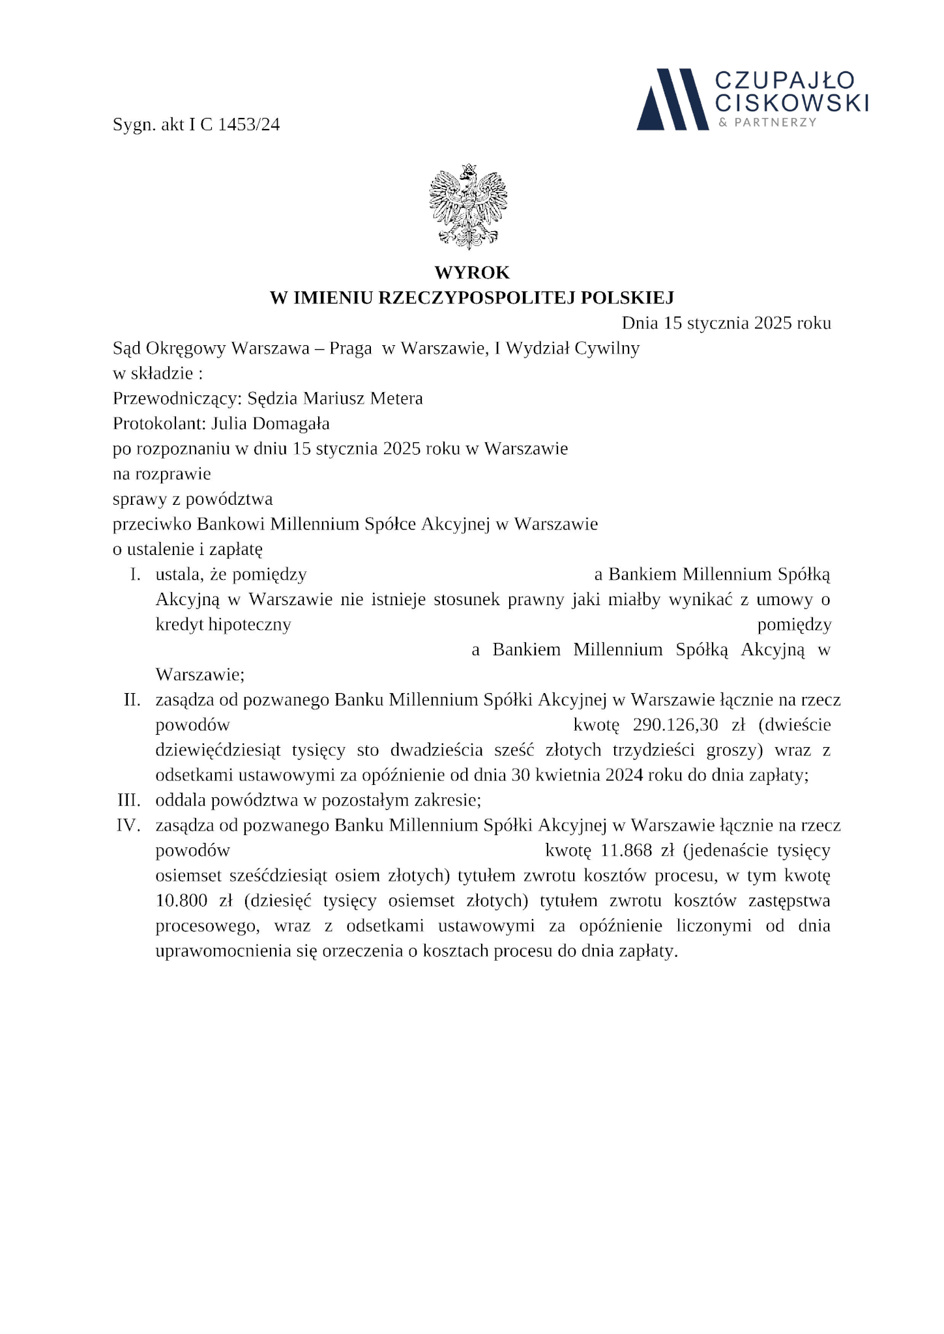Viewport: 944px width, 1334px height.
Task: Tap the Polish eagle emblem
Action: pos(468,207)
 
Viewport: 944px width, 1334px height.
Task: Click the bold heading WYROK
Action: pos(472,272)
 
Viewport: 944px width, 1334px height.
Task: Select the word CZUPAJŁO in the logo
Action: pos(785,80)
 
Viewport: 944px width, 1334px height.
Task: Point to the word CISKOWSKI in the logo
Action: pos(792,102)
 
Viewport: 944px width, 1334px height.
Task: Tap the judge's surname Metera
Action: pos(396,398)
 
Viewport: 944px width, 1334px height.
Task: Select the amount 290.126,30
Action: pos(675,725)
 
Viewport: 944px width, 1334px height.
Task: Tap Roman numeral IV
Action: pos(128,825)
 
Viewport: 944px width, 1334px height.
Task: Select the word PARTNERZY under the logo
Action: pos(775,122)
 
